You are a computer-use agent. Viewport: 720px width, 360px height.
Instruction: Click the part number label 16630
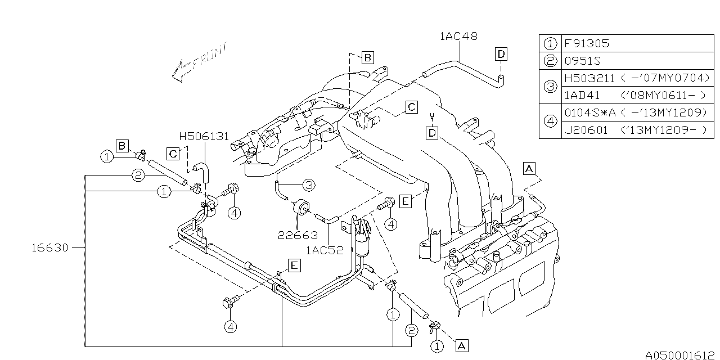point(50,247)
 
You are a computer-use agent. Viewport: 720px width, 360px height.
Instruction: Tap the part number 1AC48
point(458,37)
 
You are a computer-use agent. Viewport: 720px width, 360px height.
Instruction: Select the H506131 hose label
point(204,137)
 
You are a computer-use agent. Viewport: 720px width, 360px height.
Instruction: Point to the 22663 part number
point(298,236)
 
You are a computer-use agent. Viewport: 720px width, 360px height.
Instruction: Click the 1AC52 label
point(325,250)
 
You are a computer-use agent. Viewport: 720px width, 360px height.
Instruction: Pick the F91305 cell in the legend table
point(587,43)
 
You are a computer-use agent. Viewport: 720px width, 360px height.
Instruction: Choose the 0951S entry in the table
point(582,61)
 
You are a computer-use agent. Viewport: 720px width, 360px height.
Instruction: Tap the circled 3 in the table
point(550,87)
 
